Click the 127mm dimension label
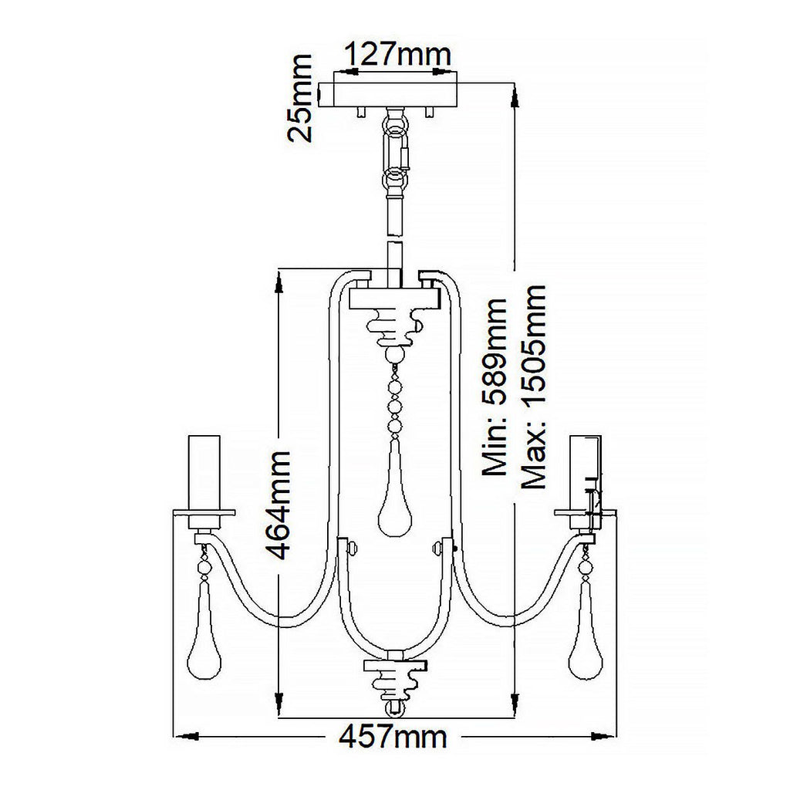click(397, 56)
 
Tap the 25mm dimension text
click(299, 98)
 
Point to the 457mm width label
click(393, 738)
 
